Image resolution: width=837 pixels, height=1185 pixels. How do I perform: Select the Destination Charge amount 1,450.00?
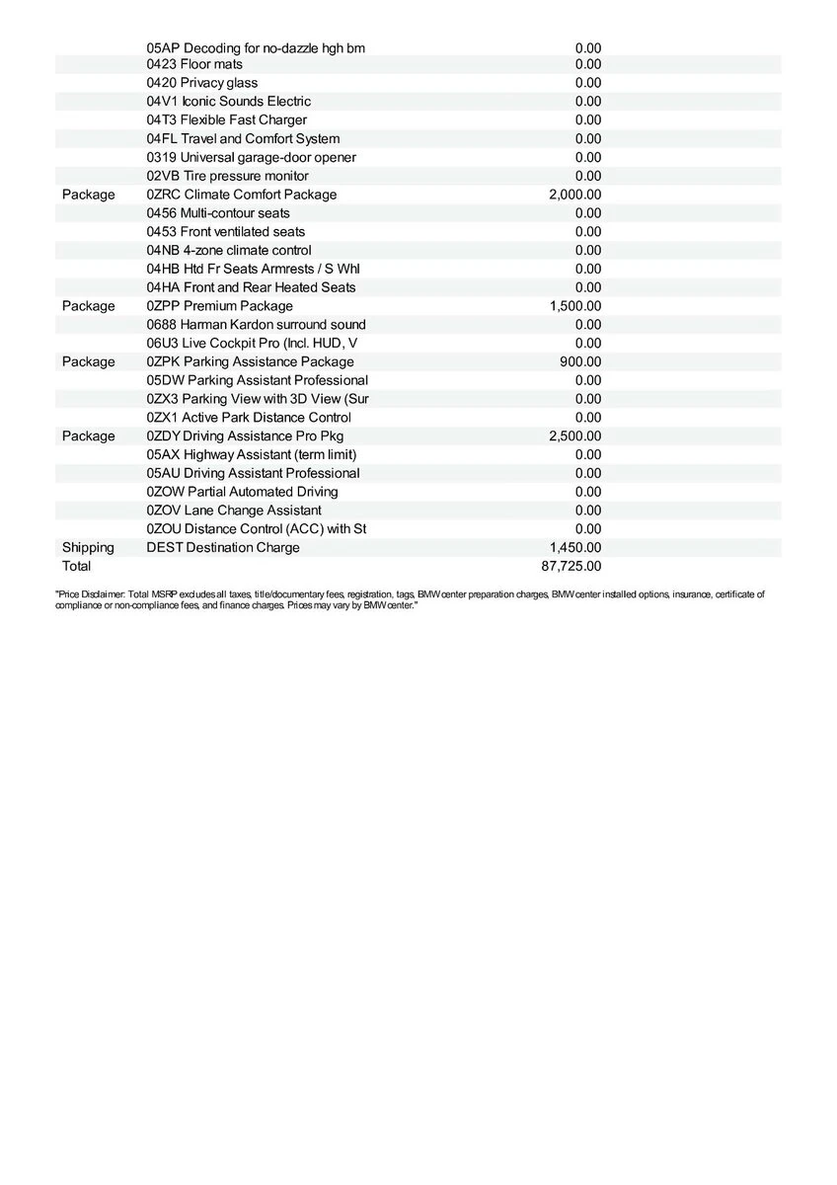point(575,547)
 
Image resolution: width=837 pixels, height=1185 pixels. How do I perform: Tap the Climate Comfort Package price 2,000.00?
point(574,195)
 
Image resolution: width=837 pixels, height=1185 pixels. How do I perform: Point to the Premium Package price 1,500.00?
point(575,306)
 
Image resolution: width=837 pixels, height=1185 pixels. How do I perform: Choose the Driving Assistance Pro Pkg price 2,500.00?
point(574,435)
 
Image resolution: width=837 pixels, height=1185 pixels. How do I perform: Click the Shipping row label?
point(88,547)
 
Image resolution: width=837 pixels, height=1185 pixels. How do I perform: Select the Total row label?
point(76,566)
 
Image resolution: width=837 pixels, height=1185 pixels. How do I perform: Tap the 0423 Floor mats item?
point(194,64)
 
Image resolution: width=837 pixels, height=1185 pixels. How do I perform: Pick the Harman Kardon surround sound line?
point(256,324)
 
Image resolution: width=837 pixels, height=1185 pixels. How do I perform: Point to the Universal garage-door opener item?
point(251,157)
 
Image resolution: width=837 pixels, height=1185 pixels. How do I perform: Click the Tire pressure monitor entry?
point(227,176)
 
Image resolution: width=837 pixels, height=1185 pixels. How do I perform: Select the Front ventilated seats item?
point(226,231)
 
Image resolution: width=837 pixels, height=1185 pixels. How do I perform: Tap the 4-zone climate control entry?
point(229,250)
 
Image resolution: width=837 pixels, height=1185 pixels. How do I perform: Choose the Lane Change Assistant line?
point(234,510)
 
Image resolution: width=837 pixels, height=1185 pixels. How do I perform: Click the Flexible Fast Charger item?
point(227,119)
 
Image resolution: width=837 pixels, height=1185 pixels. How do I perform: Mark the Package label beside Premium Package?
point(88,306)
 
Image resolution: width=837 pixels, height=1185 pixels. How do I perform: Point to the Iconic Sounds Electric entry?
point(229,101)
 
